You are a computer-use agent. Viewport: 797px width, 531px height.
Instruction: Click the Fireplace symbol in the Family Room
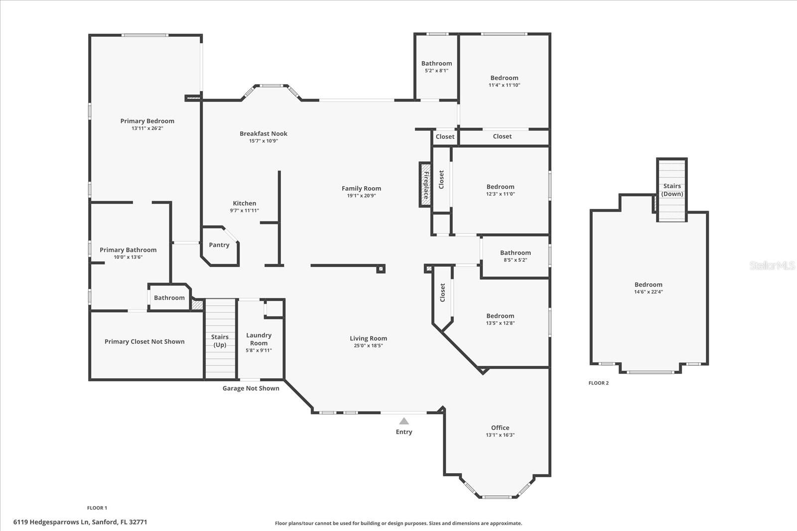point(425,185)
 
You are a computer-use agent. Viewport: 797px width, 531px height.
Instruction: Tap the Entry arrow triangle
point(404,421)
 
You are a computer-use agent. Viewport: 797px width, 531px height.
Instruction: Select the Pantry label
point(219,245)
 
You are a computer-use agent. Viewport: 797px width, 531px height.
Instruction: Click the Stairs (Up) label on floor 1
point(220,341)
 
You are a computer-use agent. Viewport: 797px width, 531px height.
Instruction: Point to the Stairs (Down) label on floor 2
point(672,190)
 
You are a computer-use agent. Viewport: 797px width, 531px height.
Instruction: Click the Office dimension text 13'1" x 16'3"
point(500,435)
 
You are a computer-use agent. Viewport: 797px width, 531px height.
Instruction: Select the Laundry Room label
point(259,339)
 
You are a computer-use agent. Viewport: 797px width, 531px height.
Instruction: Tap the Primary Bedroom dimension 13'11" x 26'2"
point(147,128)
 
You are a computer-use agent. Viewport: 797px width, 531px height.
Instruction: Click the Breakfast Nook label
point(264,133)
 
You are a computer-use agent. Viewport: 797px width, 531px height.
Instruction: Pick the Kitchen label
point(245,203)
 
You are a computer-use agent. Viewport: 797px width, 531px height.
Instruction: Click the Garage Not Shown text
point(251,388)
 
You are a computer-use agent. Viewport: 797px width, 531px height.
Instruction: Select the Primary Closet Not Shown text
point(144,341)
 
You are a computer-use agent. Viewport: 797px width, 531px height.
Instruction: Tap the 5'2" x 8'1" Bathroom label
point(436,63)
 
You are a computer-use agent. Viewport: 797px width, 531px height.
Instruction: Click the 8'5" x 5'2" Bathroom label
point(516,253)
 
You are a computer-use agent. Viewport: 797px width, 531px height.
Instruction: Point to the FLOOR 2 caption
point(598,383)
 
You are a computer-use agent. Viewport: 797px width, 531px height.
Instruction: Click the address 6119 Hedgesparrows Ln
point(80,522)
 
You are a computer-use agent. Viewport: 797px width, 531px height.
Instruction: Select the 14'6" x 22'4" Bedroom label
point(648,285)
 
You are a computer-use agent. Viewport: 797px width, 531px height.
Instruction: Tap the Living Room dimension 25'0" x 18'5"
point(368,345)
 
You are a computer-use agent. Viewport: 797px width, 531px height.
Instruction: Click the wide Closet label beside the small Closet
point(502,136)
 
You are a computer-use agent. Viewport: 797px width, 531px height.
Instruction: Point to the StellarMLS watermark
point(772,265)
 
